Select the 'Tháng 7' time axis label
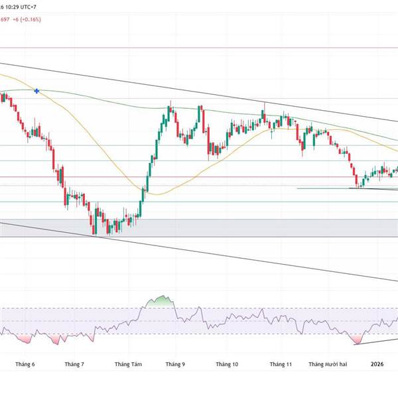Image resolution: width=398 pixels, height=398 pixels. [75, 364]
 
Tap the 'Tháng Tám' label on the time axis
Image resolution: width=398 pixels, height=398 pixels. [128, 364]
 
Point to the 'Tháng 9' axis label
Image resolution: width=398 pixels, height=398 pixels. [175, 364]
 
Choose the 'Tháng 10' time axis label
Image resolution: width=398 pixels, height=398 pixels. [226, 364]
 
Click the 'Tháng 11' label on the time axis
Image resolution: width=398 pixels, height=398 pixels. [281, 364]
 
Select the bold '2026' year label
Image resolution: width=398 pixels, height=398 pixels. [377, 364]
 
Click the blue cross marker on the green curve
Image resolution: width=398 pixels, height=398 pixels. [36, 90]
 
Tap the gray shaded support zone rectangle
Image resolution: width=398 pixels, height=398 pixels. [199, 228]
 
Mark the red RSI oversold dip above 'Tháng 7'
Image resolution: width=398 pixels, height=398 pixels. [58, 340]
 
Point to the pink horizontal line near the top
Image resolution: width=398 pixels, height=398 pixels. [199, 48]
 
